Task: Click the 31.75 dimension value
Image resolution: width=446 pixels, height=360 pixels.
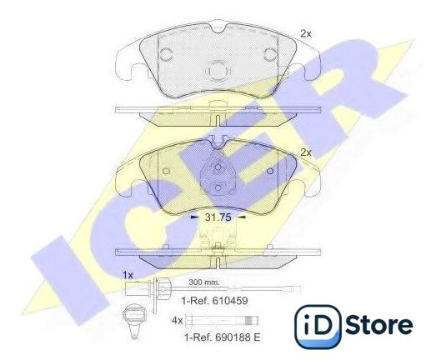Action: point(218,217)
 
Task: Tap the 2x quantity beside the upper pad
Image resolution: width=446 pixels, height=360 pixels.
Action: point(306,34)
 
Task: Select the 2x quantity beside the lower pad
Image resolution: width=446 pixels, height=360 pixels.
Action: point(306,152)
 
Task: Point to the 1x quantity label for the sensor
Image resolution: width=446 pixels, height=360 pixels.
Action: point(128,275)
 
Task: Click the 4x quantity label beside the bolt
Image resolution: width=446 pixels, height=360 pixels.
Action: point(177,321)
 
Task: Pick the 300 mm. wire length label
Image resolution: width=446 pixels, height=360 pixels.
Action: point(204,282)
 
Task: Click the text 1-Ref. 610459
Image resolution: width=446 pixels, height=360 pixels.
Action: point(215,301)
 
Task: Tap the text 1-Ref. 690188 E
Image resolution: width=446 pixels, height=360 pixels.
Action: point(223,337)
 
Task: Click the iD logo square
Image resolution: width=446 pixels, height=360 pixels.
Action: point(318,327)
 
